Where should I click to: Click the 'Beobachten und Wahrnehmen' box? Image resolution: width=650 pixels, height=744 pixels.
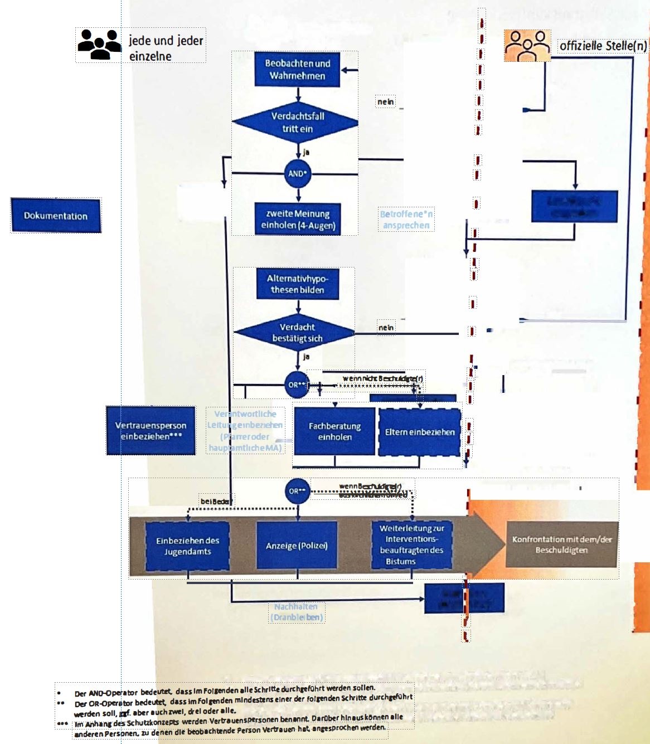(297, 70)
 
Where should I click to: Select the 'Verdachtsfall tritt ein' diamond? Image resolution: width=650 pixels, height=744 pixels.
(295, 123)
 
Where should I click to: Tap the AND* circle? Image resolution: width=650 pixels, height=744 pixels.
(298, 174)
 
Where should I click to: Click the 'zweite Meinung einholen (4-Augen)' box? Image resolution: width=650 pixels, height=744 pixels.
(298, 219)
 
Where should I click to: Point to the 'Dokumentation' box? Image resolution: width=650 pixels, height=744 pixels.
(56, 216)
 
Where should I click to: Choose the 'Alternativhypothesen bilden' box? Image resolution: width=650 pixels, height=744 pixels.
(298, 284)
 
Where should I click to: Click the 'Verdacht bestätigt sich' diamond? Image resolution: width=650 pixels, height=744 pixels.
(296, 333)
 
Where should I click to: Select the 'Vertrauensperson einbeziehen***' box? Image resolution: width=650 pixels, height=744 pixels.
(151, 431)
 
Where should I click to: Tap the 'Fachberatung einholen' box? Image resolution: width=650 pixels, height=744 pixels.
(334, 431)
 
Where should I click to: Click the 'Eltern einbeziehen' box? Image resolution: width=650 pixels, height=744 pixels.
(420, 432)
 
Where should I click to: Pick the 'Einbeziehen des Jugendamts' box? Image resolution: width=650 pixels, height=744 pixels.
(187, 546)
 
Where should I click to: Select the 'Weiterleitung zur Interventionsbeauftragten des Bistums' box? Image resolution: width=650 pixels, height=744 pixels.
(411, 544)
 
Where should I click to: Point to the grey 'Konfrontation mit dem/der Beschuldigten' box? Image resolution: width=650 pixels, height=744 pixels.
(561, 544)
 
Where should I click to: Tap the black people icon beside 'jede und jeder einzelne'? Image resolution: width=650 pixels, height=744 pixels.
(99, 44)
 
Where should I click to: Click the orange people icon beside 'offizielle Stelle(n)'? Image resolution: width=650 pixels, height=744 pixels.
(527, 46)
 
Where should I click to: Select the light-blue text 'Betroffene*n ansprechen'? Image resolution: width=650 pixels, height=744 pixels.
(406, 220)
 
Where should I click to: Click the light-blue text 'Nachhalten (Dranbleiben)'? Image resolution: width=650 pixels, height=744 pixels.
(297, 612)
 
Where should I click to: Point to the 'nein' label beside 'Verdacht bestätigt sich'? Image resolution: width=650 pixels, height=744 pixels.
(386, 328)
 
